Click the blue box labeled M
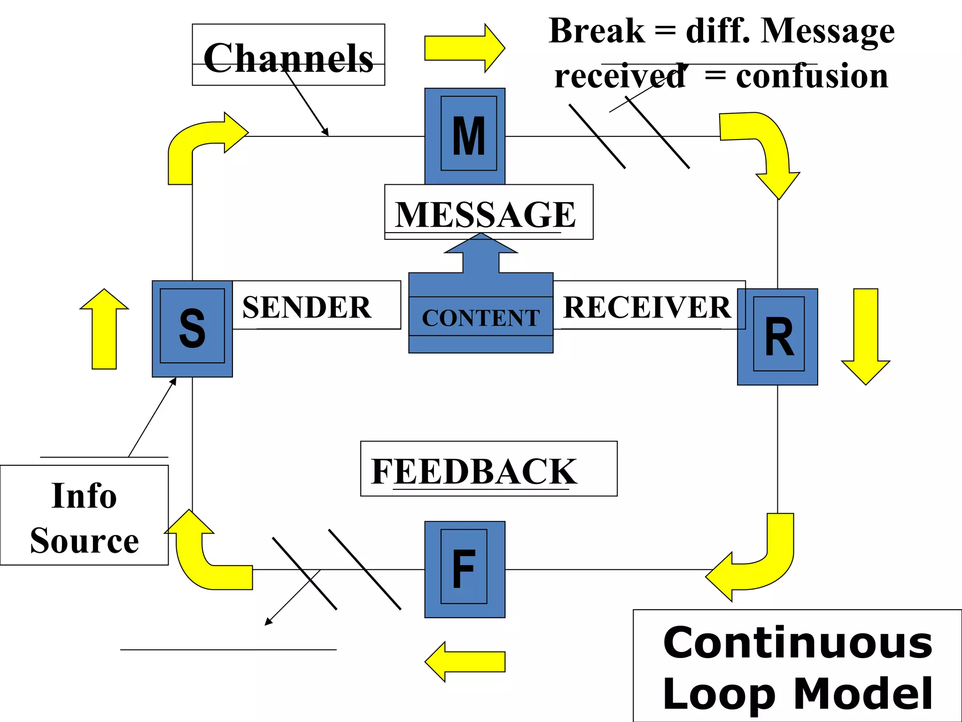click(x=465, y=136)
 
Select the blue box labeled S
click(x=192, y=329)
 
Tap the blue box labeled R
click(x=778, y=337)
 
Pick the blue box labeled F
click(x=465, y=569)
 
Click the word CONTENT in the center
click(x=481, y=318)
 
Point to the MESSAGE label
click(x=485, y=214)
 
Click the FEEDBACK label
click(x=474, y=471)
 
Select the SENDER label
click(x=307, y=307)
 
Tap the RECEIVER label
click(x=646, y=307)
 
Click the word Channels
click(x=288, y=58)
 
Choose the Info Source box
click(x=85, y=517)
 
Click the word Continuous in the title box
click(x=798, y=643)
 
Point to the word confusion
click(x=812, y=76)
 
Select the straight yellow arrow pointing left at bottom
click(x=465, y=661)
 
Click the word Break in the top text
click(x=597, y=31)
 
